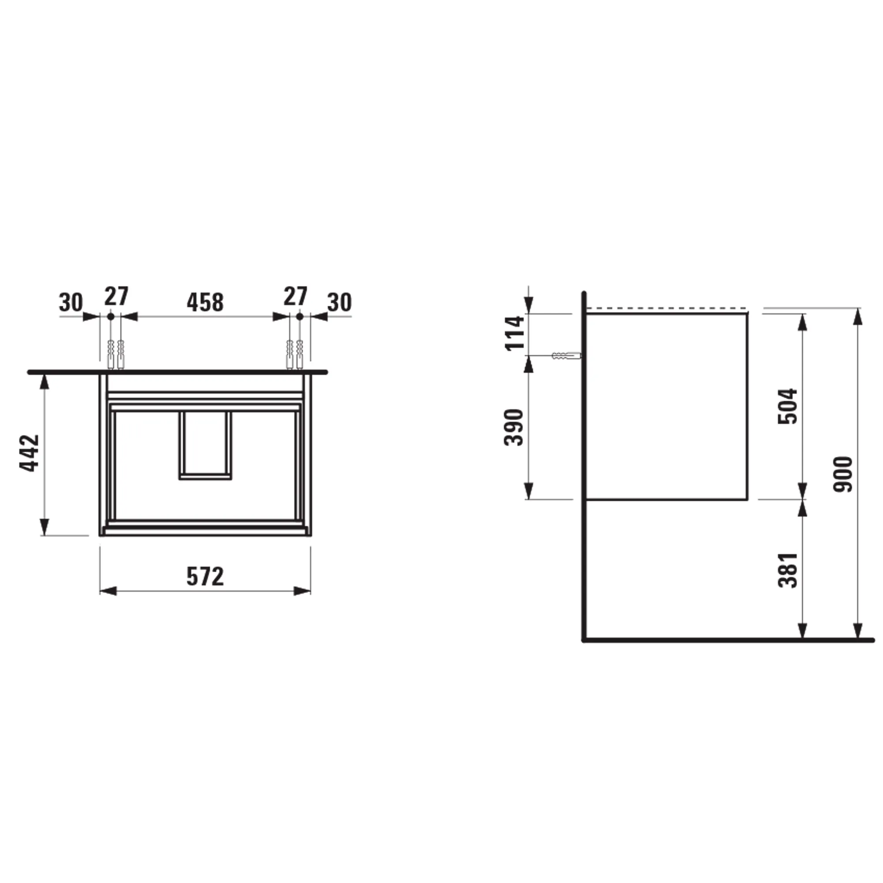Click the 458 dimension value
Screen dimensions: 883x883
[x=205, y=302]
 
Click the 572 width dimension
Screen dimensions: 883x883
[x=205, y=577]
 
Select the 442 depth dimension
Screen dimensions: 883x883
[x=30, y=453]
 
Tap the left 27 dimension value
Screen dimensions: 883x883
[x=116, y=297]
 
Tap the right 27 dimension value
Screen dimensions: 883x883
[x=295, y=297]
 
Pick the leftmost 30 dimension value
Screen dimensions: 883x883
[x=71, y=302]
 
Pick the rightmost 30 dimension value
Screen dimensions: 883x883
[x=340, y=302]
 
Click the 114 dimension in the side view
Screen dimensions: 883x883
[x=515, y=332]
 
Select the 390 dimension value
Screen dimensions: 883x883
[x=515, y=427]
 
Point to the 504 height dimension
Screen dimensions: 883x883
[x=788, y=406]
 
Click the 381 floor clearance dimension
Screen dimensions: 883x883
[x=788, y=570]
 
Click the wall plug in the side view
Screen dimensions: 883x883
[x=566, y=355]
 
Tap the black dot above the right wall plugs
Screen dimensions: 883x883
[x=299, y=316]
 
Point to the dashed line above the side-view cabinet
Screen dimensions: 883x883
[x=666, y=309]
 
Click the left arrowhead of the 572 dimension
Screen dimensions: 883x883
[x=108, y=591]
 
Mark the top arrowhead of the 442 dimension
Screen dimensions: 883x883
[x=44, y=381]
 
